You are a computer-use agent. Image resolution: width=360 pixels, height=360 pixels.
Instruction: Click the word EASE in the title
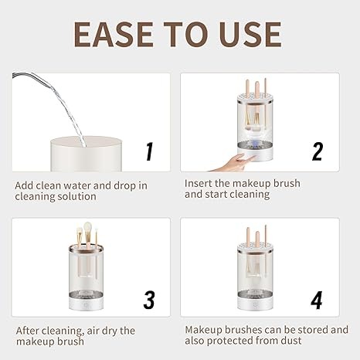coord(114,35)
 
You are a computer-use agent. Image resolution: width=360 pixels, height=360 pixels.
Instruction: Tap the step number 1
coord(149,151)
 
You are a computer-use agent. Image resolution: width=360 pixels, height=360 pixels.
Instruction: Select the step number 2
coord(318,151)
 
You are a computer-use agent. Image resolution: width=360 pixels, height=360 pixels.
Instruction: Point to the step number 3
coord(149,300)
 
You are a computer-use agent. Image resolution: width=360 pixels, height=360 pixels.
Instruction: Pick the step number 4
coord(317,300)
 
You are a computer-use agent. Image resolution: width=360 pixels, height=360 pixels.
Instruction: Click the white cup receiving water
coord(86,154)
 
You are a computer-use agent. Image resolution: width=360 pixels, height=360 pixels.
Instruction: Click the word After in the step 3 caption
coord(27,331)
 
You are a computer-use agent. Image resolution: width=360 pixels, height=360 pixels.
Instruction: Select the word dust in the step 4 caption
coord(291,341)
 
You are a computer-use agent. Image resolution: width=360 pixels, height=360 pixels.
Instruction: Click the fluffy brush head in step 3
coord(87,228)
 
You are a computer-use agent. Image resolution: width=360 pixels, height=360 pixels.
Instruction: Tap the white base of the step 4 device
coord(255,304)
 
